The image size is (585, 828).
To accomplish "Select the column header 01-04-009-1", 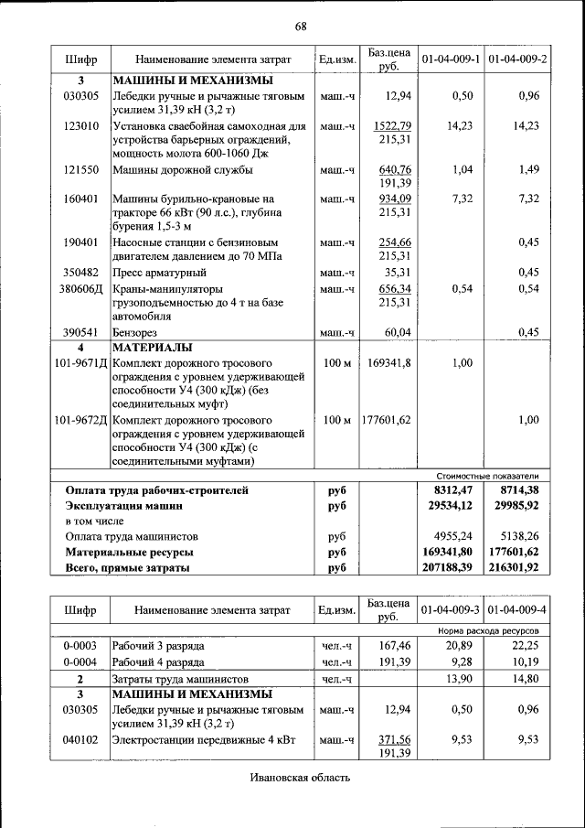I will pos(450,59).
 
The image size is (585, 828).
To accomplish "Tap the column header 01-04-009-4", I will pos(517,608).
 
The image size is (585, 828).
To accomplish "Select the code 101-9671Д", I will pos(80,363).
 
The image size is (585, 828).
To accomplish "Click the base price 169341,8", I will pos(389,363).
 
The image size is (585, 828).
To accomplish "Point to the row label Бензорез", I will pos(137,332).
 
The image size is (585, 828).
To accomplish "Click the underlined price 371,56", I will pos(394,739).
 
